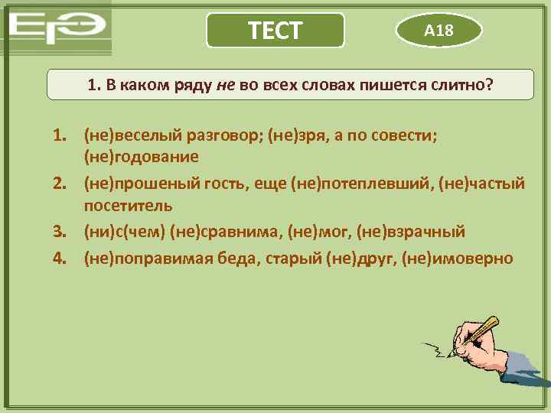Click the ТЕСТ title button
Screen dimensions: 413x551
(x=275, y=31)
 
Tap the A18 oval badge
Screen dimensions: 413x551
(x=439, y=31)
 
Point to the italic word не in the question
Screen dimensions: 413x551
(x=226, y=86)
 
